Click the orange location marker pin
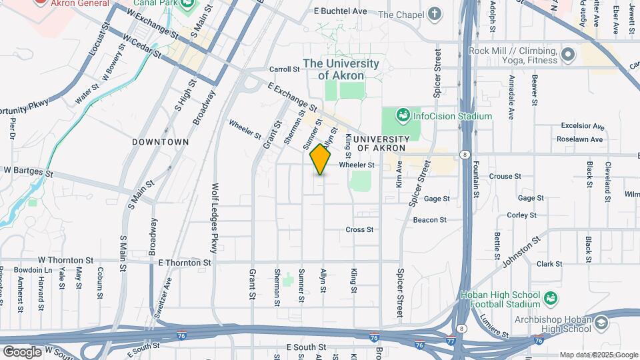point(321,160)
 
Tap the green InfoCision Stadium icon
point(403,116)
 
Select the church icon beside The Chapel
point(435,13)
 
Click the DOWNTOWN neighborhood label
point(160,142)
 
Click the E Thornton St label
point(185,263)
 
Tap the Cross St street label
point(359,229)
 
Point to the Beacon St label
point(429,219)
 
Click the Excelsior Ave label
point(581,125)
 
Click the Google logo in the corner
point(22,351)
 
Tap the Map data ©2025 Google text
point(598,355)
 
